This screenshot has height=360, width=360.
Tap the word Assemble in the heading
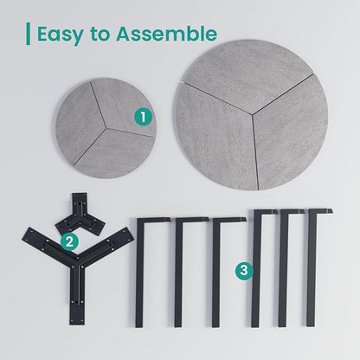click(166, 34)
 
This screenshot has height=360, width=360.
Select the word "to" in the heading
click(100, 34)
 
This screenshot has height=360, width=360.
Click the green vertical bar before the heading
click(28, 34)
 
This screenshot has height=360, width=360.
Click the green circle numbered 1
click(143, 117)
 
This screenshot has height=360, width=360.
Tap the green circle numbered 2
click(69, 242)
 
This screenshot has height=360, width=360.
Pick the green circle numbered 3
click(244, 271)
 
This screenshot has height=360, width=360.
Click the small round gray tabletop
click(106, 128)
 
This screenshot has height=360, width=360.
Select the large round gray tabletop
click(252, 115)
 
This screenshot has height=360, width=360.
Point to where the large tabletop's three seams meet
click(253, 114)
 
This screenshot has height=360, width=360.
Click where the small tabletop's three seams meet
click(107, 128)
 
